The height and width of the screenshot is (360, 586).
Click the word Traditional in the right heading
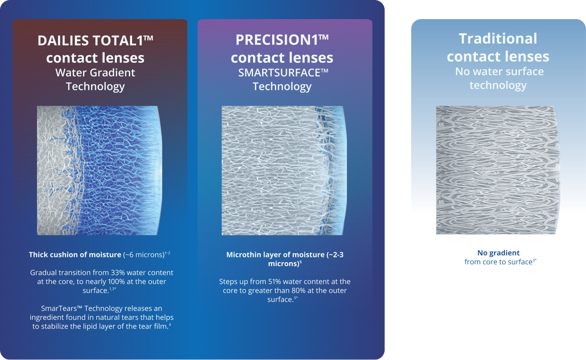pos(498,39)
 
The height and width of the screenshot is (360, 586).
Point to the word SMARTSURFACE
pos(279,73)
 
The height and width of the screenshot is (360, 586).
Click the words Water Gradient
pos(95,73)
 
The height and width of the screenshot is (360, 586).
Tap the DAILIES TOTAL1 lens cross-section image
pos(99,170)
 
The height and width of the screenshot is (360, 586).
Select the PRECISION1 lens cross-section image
pos(284,170)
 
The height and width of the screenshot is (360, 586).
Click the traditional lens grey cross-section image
pos(498,170)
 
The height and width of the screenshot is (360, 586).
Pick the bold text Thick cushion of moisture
pos(75,255)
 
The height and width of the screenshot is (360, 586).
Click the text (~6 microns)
pos(144,255)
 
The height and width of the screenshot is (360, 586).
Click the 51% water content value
pos(275,282)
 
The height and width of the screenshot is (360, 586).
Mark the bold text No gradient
pos(498,253)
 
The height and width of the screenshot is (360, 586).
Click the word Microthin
pos(243,255)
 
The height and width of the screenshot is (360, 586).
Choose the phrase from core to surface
pos(498,262)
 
